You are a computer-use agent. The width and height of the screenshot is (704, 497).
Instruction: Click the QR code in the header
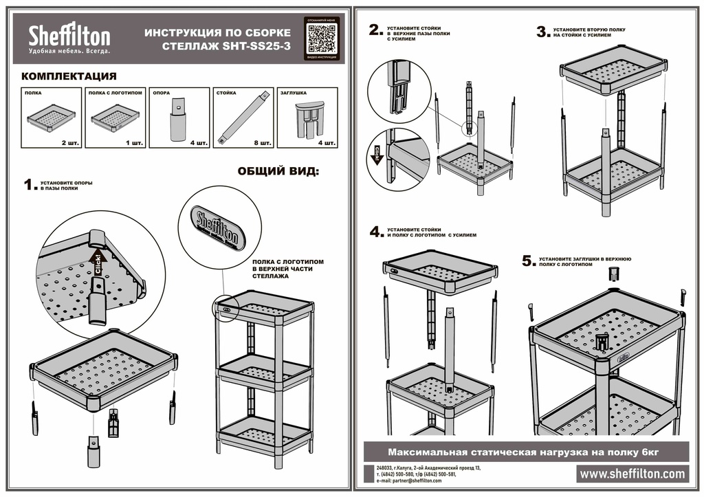[322, 38]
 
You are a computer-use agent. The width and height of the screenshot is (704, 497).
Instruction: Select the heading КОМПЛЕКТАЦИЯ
[69, 76]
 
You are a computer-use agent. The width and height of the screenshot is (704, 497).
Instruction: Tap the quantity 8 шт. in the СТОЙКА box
[262, 143]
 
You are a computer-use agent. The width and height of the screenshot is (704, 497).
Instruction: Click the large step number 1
[28, 185]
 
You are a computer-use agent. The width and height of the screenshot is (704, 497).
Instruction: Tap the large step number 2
[375, 30]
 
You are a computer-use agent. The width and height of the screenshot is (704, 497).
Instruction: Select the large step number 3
[542, 32]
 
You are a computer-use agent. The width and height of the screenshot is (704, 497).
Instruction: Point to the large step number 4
[376, 232]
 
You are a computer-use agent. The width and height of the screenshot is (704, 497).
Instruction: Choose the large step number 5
[528, 261]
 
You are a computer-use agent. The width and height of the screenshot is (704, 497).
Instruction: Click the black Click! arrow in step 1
[97, 265]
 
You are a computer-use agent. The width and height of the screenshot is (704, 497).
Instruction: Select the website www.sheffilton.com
[632, 474]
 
